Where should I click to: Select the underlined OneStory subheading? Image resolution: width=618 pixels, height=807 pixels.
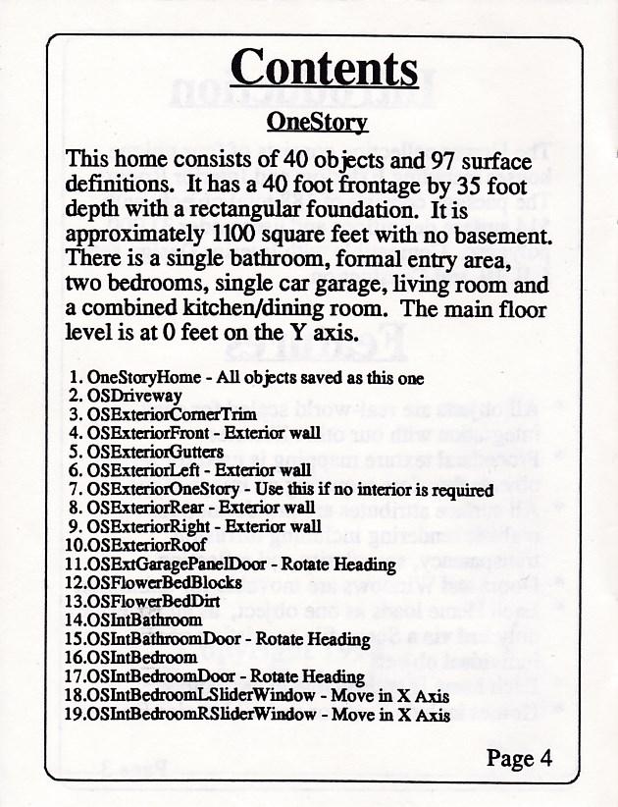[x=317, y=122]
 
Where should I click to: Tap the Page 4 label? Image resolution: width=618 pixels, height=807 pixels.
[x=525, y=758]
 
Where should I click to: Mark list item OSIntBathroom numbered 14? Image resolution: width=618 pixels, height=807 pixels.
[x=145, y=619]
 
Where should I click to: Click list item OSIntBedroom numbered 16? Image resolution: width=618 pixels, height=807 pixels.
[x=141, y=657]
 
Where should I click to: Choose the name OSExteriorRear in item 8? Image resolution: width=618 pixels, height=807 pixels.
[x=146, y=508]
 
